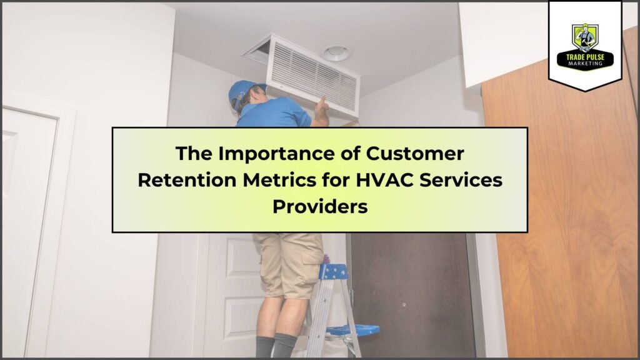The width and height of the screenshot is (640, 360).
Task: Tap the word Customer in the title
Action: click(x=415, y=154)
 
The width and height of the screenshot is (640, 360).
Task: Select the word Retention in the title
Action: click(x=187, y=180)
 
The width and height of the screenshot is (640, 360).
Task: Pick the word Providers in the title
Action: click(x=320, y=206)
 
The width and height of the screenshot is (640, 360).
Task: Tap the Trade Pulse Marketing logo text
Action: click(x=585, y=60)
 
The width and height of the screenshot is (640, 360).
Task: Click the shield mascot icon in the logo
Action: click(x=585, y=37)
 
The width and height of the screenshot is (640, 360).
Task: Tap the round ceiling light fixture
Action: click(x=336, y=52)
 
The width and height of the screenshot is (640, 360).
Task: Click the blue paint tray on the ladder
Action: click(x=354, y=329)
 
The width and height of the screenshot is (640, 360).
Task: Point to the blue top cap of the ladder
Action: click(x=334, y=271)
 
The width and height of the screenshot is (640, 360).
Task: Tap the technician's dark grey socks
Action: click(x=276, y=346)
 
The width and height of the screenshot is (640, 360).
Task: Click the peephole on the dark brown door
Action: click(x=404, y=304)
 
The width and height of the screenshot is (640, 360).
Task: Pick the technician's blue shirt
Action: click(x=274, y=114)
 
